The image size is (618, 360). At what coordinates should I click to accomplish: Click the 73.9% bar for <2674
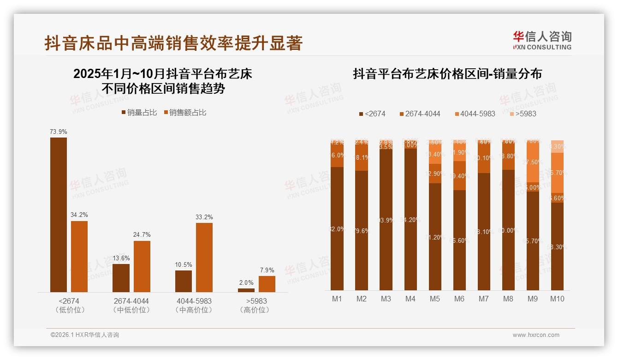(x=59, y=215)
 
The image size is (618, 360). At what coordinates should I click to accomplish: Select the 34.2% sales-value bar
(x=79, y=256)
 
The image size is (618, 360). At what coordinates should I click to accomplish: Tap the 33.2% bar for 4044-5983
(x=204, y=257)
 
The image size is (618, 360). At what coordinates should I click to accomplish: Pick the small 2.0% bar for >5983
(x=246, y=290)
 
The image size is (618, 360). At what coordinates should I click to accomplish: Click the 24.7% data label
(x=142, y=234)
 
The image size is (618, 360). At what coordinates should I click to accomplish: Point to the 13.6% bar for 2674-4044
(x=121, y=278)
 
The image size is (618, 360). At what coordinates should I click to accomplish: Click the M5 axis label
(x=434, y=299)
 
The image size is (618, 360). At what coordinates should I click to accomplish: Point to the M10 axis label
(x=557, y=299)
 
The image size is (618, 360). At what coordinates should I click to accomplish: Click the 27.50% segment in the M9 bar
(x=532, y=162)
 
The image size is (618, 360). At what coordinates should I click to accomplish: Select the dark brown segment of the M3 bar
(x=386, y=220)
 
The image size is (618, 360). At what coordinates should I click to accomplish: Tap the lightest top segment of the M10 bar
(x=557, y=146)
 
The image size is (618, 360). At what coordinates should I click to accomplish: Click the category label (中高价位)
(x=194, y=310)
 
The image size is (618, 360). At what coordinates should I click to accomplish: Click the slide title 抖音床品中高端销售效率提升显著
(x=173, y=43)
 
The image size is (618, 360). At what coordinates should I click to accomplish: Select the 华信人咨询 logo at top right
(x=542, y=40)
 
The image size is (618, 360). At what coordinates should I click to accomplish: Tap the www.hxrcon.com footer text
(x=535, y=335)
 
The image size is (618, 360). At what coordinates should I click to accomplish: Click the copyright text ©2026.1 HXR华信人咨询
(x=84, y=335)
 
